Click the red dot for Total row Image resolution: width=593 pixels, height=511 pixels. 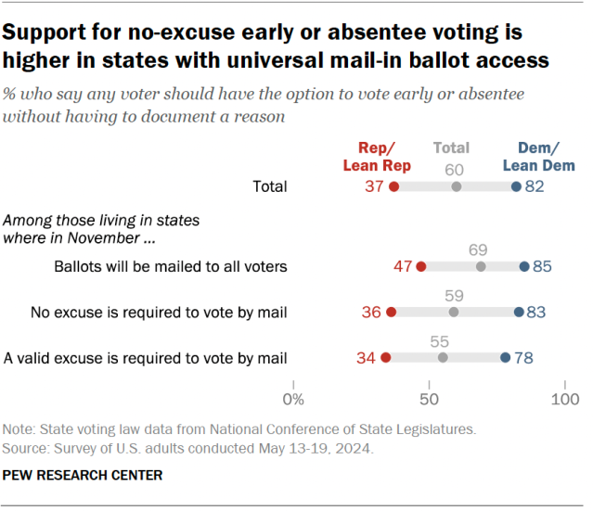(394, 187)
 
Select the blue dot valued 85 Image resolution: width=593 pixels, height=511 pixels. (524, 267)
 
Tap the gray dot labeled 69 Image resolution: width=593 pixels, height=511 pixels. (481, 267)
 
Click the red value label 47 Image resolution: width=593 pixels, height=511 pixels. (403, 267)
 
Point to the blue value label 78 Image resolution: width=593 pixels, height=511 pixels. (523, 357)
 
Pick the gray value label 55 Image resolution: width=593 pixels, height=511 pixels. (443, 339)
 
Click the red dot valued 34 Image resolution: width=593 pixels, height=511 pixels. (386, 357)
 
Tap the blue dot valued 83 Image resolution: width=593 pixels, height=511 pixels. (519, 313)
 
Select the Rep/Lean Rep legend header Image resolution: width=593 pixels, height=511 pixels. (378, 157)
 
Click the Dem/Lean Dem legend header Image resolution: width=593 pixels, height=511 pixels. (538, 157)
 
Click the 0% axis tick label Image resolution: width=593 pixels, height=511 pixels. (293, 400)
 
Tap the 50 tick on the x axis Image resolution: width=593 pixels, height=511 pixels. (429, 400)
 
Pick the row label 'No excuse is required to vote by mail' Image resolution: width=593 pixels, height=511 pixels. (159, 313)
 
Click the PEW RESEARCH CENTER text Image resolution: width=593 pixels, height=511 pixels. (83, 476)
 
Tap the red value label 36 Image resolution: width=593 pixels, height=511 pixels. (371, 313)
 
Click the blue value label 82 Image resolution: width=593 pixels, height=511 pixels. (534, 187)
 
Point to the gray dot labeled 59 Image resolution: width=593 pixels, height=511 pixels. (454, 313)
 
